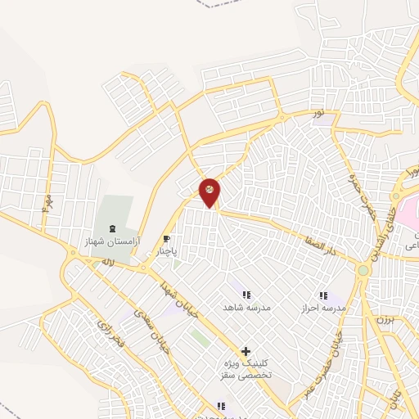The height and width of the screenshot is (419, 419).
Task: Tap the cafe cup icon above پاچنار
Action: (168, 240)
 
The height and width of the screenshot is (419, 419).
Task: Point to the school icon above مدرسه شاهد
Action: (246, 295)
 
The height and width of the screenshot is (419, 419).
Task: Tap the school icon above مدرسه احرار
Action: (322, 295)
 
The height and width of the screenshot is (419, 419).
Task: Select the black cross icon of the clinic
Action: (246, 352)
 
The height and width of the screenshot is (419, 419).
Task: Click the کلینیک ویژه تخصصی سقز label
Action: (248, 369)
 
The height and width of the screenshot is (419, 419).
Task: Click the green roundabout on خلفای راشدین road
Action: (363, 269)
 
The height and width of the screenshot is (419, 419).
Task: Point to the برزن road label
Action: (384, 320)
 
